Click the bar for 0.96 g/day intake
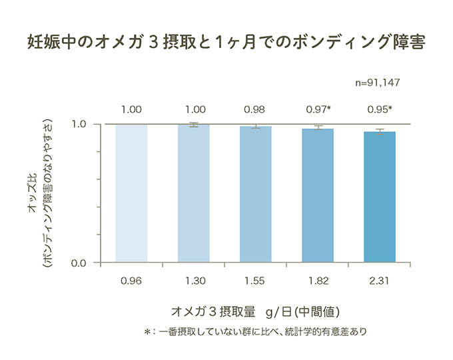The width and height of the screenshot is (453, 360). click(131, 193)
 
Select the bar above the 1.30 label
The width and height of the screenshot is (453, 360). click(194, 193)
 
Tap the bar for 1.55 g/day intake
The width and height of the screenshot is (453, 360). click(256, 194)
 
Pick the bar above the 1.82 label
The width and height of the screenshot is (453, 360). click(318, 195)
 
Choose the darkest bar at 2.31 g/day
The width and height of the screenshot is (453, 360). click(380, 197)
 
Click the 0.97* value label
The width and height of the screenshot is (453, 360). click(319, 109)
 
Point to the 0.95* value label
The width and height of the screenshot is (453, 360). click(380, 109)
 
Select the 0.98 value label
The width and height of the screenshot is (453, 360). click(255, 109)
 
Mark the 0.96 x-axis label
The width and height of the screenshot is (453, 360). click(131, 281)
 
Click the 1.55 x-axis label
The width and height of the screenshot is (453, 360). click(256, 281)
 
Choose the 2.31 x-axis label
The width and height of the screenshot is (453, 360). click(380, 281)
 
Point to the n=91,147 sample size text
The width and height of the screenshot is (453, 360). click(377, 83)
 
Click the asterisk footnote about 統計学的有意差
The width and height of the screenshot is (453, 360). click(256, 331)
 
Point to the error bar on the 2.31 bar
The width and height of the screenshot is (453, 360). click(380, 131)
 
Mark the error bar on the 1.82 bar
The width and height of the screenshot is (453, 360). click(318, 128)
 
